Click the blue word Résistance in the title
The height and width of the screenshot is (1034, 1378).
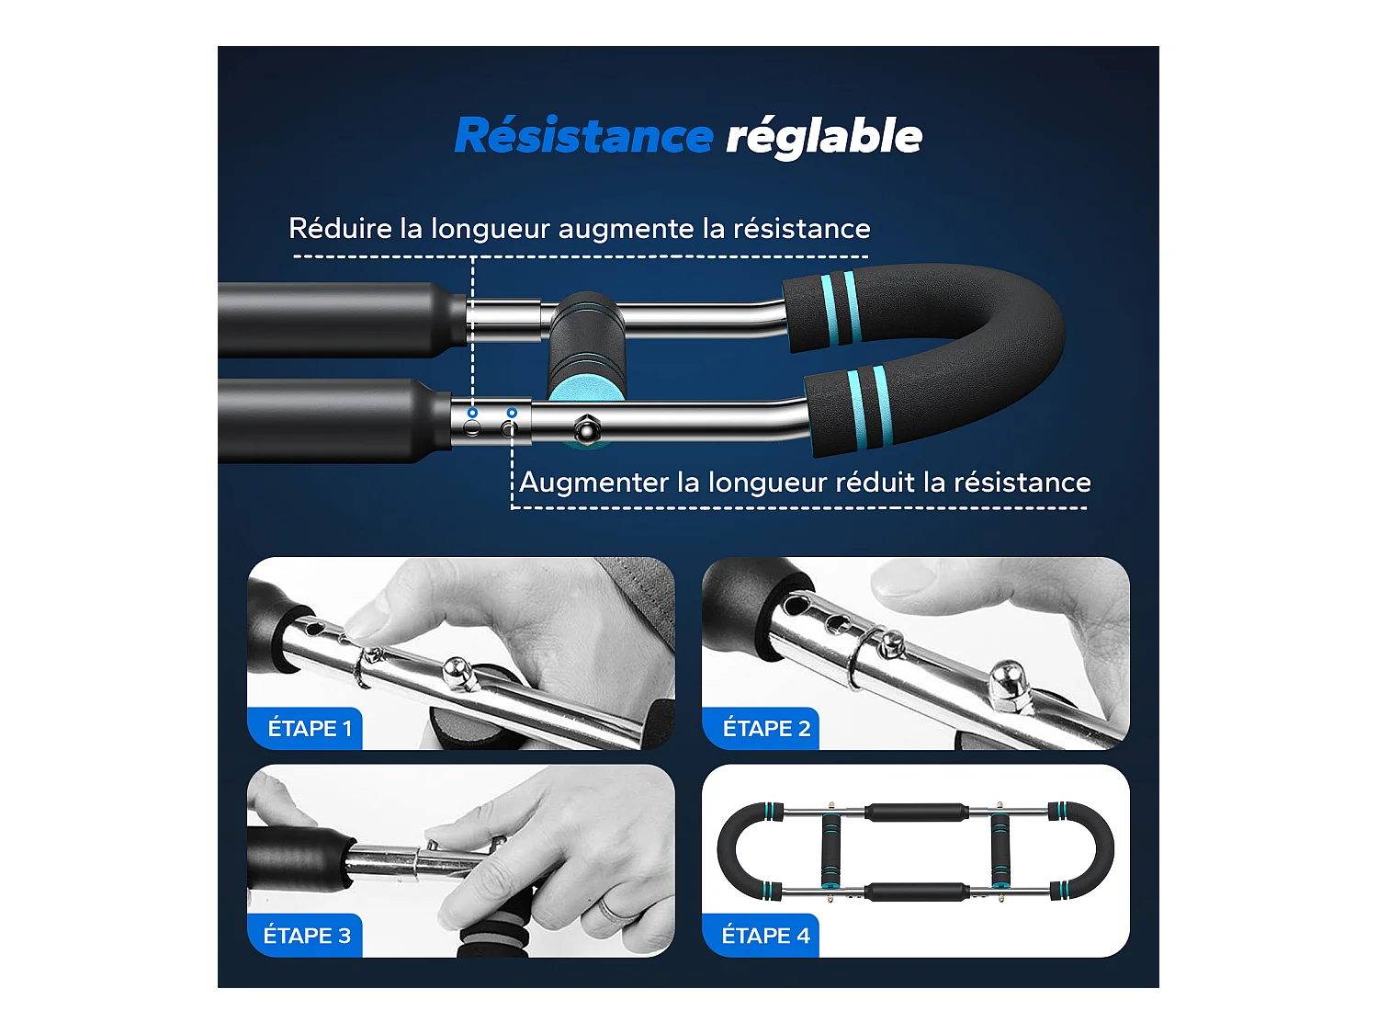click(583, 136)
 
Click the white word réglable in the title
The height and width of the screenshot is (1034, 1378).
click(824, 137)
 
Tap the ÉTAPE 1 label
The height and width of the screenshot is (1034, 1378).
click(309, 729)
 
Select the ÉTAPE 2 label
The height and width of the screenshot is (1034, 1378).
click(765, 729)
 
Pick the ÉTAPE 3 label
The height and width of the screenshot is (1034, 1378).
click(307, 936)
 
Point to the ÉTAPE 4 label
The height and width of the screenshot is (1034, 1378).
click(765, 936)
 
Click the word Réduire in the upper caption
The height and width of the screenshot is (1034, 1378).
click(340, 229)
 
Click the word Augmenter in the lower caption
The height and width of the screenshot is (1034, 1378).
click(593, 483)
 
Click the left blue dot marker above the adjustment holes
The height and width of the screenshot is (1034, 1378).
click(472, 413)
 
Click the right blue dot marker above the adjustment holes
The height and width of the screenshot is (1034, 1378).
click(512, 413)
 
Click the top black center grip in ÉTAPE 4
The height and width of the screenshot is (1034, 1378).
click(915, 812)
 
